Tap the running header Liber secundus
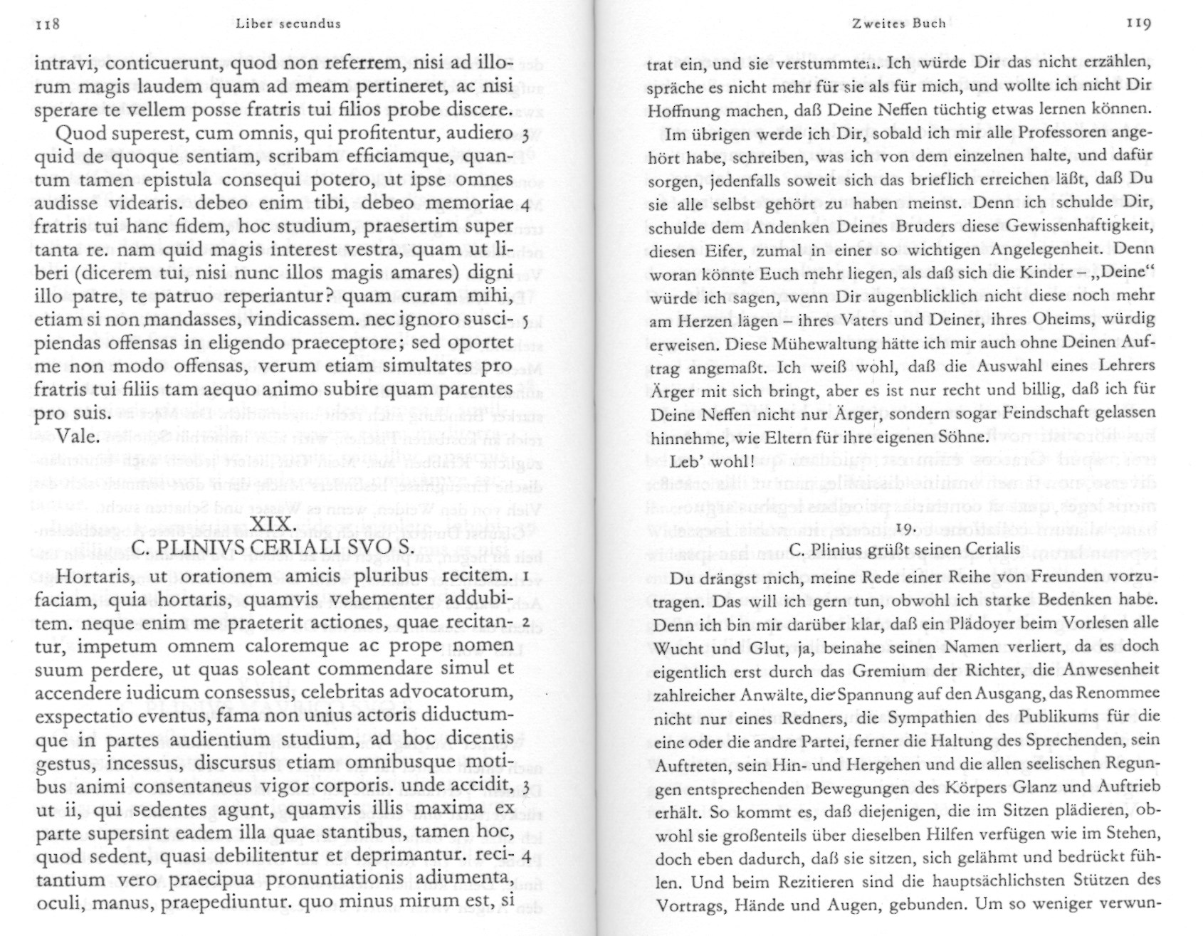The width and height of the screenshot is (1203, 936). pos(288,23)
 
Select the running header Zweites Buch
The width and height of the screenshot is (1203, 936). pos(898,23)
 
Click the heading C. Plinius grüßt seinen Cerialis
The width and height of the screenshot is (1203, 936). pos(905,550)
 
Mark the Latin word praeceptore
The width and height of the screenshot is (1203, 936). pos(359,342)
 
